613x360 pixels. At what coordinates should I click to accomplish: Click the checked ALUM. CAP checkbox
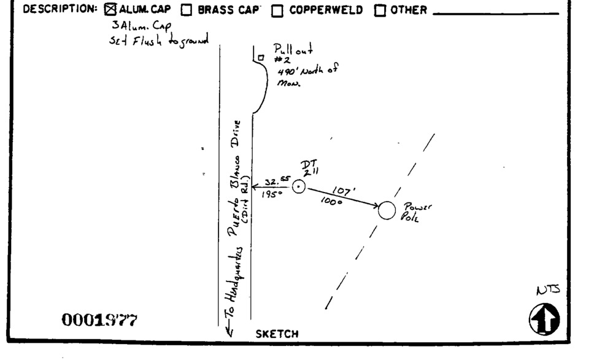click(110, 10)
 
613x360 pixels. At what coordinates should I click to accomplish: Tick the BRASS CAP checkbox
click(187, 10)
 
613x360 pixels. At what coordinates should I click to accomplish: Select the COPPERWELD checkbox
click(277, 10)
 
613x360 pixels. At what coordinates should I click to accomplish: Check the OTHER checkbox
click(380, 10)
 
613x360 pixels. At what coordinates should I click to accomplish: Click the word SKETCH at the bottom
click(277, 334)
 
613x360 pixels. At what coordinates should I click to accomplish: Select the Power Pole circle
click(387, 210)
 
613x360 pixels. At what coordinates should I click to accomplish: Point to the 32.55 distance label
click(275, 180)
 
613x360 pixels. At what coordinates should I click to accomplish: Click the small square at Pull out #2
click(260, 58)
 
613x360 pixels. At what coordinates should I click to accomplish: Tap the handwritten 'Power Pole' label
click(412, 212)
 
